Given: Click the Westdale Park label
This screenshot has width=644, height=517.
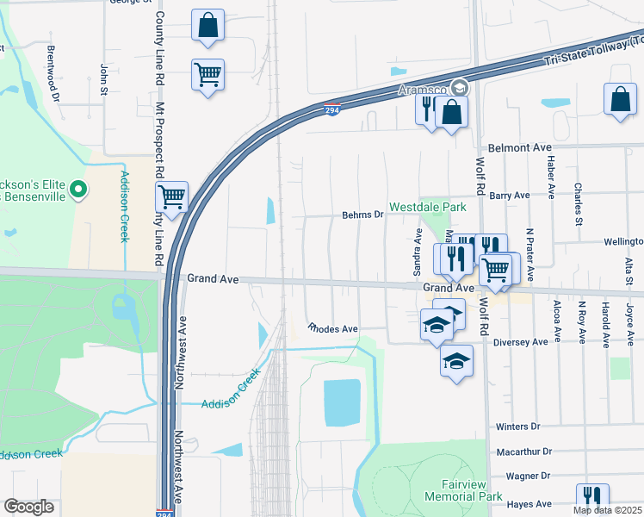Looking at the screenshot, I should (427, 208).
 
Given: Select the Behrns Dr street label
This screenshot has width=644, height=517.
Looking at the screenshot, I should (362, 215).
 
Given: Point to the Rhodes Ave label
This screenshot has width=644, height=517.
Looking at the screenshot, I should (333, 329).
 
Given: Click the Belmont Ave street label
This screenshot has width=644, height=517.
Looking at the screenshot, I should (518, 148).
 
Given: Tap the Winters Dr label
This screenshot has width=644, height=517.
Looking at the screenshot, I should (517, 427).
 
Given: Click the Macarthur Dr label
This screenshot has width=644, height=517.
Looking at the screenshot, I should (523, 452).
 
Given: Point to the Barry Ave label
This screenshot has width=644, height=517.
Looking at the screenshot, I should (510, 196).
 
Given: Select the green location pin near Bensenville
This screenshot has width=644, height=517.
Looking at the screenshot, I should (78, 188).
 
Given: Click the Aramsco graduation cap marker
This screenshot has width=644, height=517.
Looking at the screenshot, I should (460, 88).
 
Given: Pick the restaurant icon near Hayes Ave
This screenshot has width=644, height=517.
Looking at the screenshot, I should (592, 498).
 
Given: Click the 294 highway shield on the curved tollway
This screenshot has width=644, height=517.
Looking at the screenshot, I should (332, 109).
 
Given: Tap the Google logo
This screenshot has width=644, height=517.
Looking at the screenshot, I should (29, 507).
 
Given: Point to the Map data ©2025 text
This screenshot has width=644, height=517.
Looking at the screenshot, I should (607, 510).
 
